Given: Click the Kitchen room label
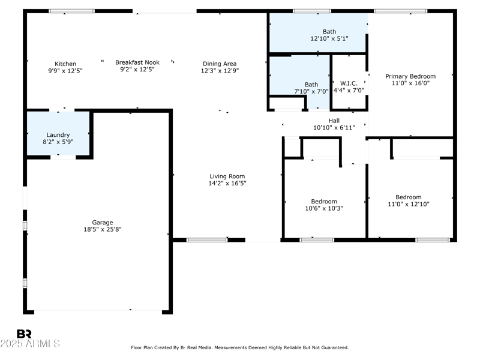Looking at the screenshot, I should click(x=65, y=64).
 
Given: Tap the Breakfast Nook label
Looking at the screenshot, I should click(x=137, y=62).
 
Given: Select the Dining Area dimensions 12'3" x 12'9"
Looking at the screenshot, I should click(x=219, y=71).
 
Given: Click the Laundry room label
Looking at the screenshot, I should click(x=58, y=135).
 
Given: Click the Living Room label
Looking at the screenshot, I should click(x=223, y=176).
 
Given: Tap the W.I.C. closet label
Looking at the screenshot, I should click(x=349, y=83).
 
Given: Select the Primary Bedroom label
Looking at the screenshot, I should click(x=410, y=76).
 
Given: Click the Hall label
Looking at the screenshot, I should click(x=334, y=121).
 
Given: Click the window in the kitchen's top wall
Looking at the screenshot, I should click(x=71, y=11).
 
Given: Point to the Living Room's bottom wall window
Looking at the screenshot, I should click(x=206, y=240).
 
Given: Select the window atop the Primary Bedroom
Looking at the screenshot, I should click(x=400, y=11).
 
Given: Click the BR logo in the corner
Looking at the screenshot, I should click(x=24, y=334).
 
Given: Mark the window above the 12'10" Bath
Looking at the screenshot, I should click(x=311, y=11).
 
